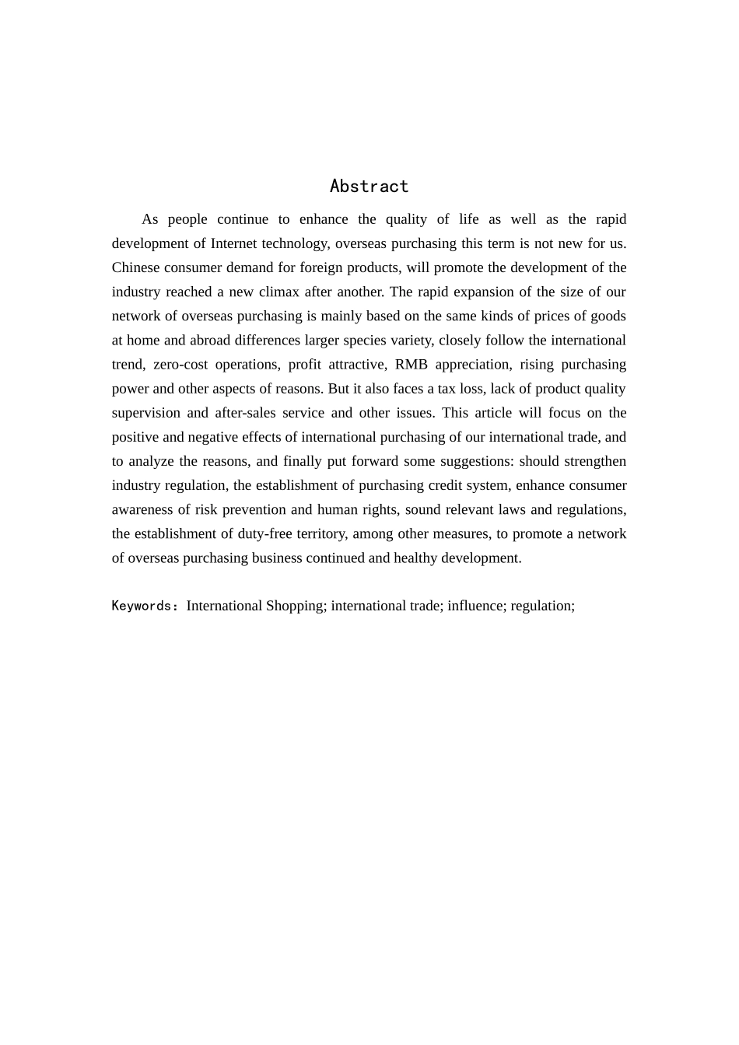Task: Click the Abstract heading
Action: point(369,187)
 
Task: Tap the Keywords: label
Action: point(145,606)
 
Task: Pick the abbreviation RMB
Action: point(412,364)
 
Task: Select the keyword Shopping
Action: point(296,606)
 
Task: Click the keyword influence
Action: point(475,606)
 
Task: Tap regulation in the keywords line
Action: point(542,606)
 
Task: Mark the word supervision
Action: point(145,412)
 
